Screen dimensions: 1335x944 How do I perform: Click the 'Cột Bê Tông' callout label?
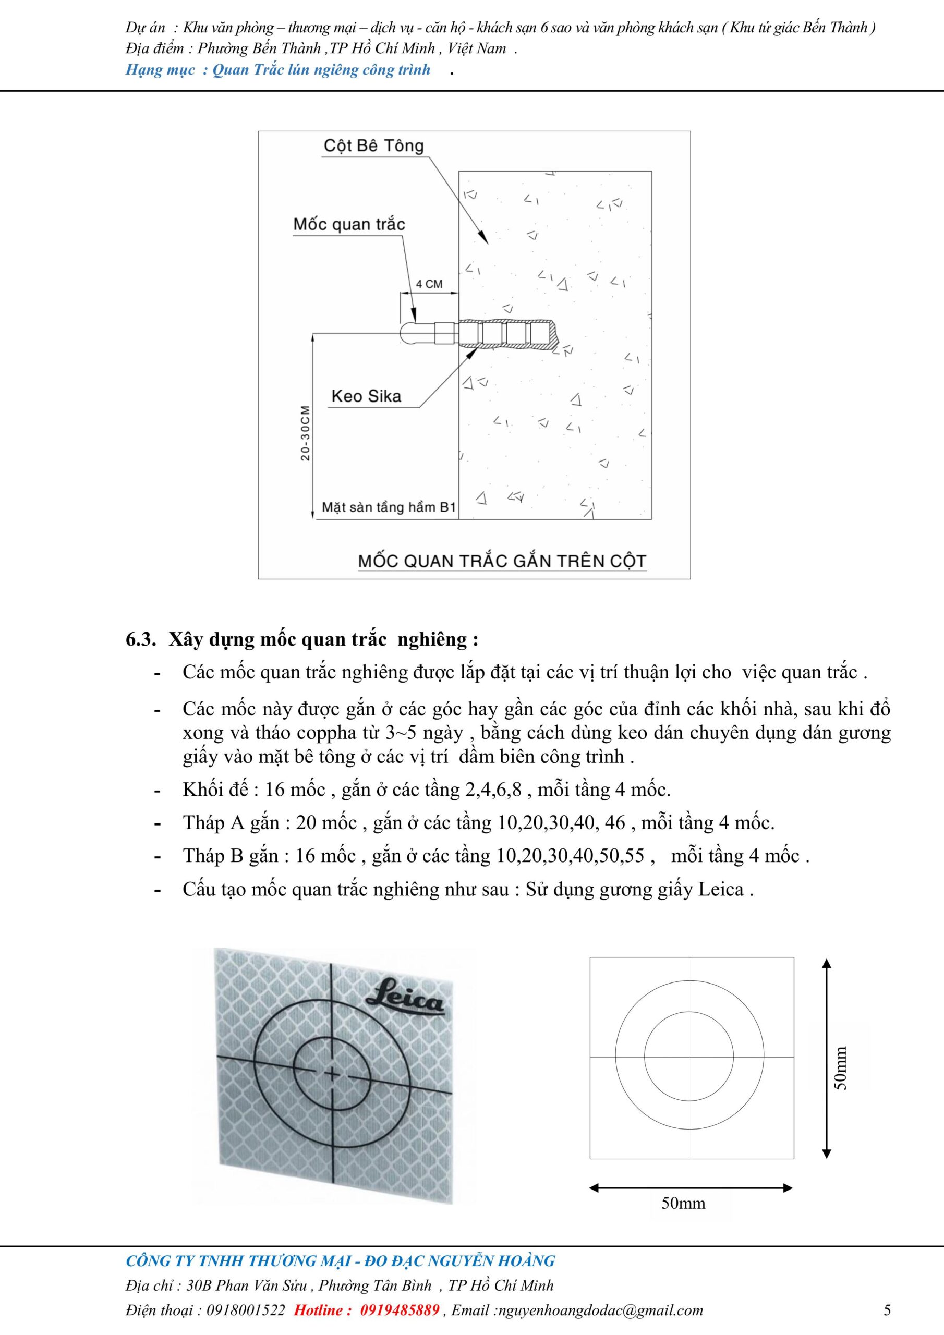click(x=373, y=146)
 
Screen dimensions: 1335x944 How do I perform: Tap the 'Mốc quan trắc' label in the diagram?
click(x=348, y=224)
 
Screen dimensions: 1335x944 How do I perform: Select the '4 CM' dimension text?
click(x=429, y=284)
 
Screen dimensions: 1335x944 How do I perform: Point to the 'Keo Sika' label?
click(x=366, y=396)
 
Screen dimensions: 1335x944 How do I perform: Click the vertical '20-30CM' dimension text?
click(x=305, y=433)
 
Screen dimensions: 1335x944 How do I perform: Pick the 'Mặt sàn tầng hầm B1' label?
click(x=389, y=507)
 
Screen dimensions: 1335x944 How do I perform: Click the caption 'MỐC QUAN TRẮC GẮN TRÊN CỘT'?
click(x=502, y=561)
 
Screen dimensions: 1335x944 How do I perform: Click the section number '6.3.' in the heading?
click(x=141, y=639)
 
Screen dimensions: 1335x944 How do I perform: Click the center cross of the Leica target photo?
click(x=332, y=1074)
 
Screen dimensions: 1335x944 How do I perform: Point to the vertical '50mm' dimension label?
click(x=841, y=1068)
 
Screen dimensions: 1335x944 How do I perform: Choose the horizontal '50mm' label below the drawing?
click(x=683, y=1203)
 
